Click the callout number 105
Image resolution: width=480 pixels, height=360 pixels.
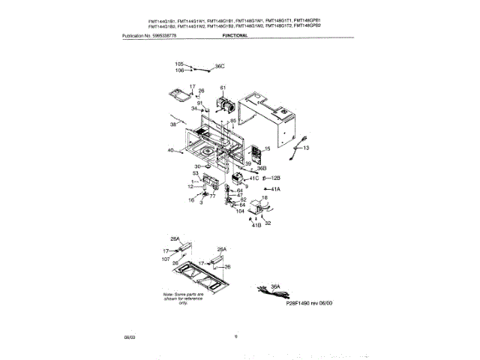tap(179, 64)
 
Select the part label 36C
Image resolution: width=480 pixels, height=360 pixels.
tap(220, 67)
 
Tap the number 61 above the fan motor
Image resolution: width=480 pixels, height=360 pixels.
tap(223, 88)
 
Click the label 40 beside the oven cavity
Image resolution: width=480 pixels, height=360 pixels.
tap(170, 151)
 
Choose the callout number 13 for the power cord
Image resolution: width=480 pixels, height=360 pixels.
tap(305, 148)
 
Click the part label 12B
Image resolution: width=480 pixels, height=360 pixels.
tap(275, 178)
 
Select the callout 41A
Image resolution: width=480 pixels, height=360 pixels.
tap(275, 189)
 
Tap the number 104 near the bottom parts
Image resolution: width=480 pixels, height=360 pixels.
tap(241, 211)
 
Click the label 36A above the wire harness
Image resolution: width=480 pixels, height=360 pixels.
tap(274, 286)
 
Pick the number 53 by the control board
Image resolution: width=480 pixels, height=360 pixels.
tap(195, 173)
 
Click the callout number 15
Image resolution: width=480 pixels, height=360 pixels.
tap(267, 148)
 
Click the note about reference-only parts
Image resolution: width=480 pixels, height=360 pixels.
tap(183, 299)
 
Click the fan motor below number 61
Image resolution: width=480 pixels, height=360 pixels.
tap(224, 105)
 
